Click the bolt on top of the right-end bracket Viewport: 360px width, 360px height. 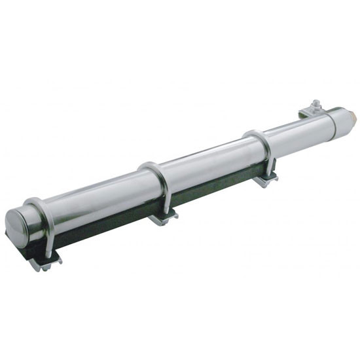tap(315, 104)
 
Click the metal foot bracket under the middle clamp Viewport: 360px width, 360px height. tap(162, 219)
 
